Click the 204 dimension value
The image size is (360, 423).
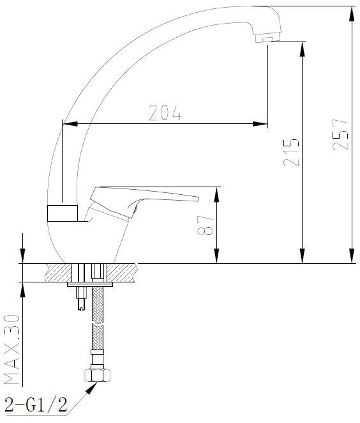(165, 112)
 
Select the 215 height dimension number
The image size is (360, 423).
(291, 153)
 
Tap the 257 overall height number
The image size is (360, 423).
(341, 135)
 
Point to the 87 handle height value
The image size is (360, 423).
(206, 225)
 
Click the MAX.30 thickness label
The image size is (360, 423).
(12, 350)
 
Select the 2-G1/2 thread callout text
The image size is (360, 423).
(36, 405)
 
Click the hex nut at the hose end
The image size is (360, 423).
(98, 376)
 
